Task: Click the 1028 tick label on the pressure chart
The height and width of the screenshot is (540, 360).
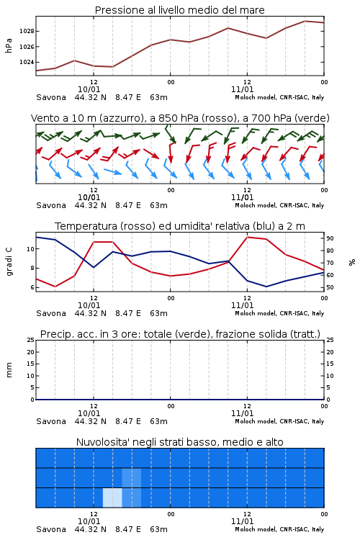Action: tap(27, 32)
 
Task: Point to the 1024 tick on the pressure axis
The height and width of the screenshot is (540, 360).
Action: tap(27, 63)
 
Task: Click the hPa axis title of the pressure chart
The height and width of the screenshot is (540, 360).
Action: tap(9, 45)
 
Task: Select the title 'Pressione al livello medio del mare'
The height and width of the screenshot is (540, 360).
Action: tap(179, 10)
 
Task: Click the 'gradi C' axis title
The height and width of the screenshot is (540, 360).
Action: tap(9, 262)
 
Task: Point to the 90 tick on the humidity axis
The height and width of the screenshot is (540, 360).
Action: tap(330, 238)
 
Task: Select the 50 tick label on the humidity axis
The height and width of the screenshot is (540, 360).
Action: tap(330, 287)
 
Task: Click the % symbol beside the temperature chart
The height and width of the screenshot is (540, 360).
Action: tap(352, 262)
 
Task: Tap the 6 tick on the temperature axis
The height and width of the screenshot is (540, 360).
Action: tap(32, 287)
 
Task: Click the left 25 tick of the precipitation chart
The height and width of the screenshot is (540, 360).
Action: tap(31, 340)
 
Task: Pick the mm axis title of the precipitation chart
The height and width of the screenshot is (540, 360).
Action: tap(9, 370)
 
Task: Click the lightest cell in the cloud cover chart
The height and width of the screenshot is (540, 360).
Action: tap(112, 498)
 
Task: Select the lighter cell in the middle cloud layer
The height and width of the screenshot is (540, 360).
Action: tap(132, 477)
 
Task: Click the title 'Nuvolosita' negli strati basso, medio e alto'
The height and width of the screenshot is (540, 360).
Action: tap(179, 442)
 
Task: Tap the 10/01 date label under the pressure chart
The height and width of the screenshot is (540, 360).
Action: tap(89, 89)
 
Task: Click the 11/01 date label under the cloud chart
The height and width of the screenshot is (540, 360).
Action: tap(242, 521)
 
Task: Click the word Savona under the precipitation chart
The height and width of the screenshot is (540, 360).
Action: tap(51, 421)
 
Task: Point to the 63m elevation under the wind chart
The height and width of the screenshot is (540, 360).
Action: tap(159, 205)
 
